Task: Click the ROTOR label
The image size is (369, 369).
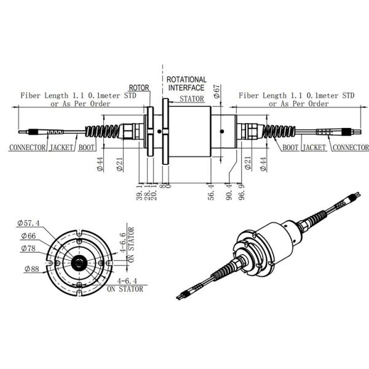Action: coord(140,87)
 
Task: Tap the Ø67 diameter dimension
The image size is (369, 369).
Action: coord(216,92)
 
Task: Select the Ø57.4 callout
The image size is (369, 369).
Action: coord(29,222)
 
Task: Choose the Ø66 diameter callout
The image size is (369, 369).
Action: coord(28,236)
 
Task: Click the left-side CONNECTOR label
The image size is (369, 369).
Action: coord(28,148)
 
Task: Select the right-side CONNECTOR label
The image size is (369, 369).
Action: coord(350,148)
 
